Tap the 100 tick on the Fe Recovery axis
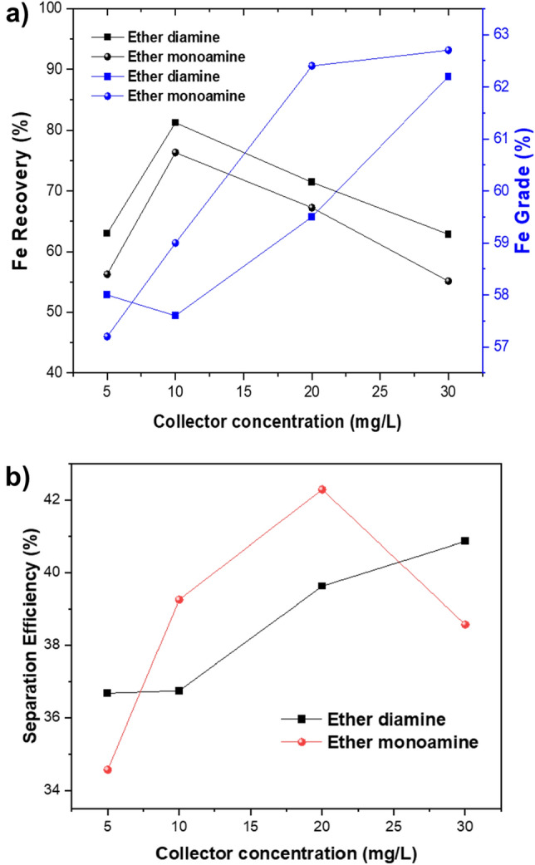coord(53,8)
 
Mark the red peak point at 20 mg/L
coord(322,489)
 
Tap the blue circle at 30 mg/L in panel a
coord(449,50)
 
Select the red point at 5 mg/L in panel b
coord(107,769)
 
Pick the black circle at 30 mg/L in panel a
coord(449,281)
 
